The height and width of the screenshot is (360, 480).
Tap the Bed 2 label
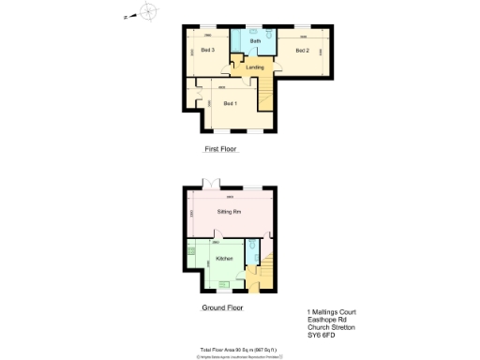pyautogui.click(x=302, y=50)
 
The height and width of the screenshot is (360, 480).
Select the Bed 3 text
pyautogui.click(x=207, y=50)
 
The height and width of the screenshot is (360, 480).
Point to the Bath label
pyautogui.click(x=256, y=42)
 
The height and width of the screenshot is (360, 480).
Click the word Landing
pyautogui.click(x=254, y=67)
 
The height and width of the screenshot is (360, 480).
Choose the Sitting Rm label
pyautogui.click(x=230, y=213)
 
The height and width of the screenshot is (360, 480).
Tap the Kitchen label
pyautogui.click(x=224, y=257)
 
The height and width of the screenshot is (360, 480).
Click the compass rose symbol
pyautogui.click(x=148, y=12)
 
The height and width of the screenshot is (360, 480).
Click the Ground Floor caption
pyautogui.click(x=223, y=307)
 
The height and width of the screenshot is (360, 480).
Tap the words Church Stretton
pyautogui.click(x=330, y=327)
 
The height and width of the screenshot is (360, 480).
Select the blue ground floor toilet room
pyautogui.click(x=250, y=253)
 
